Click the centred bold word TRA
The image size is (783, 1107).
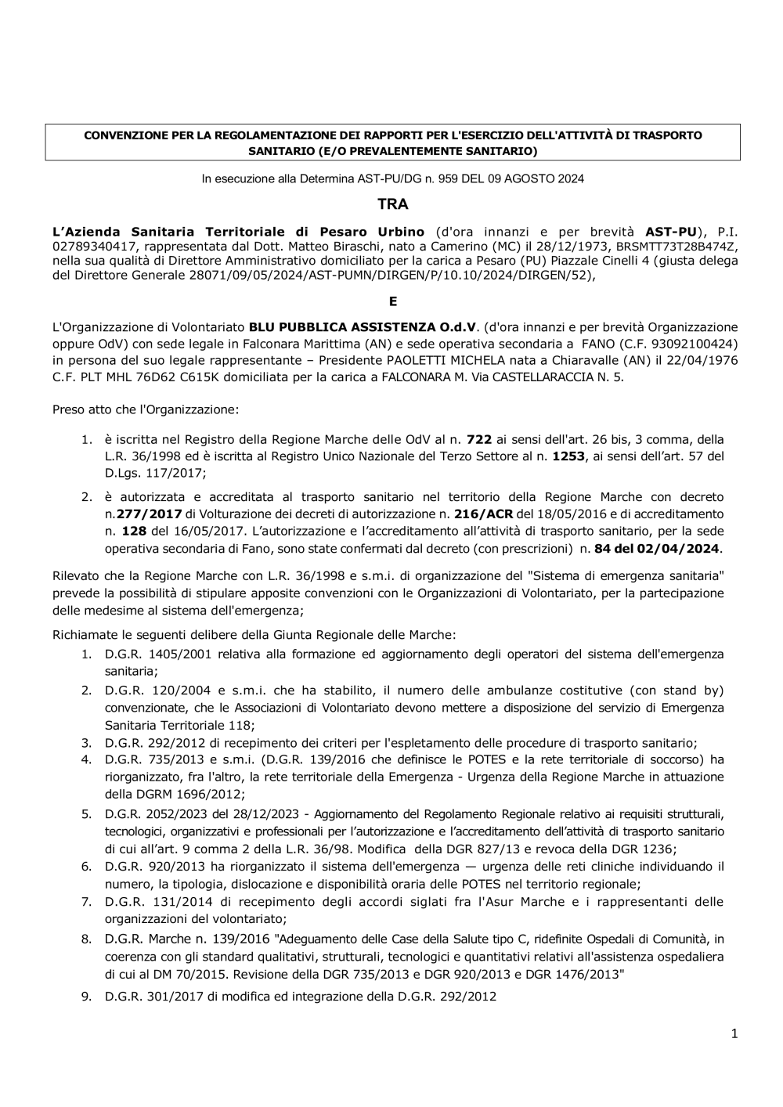tap(392, 204)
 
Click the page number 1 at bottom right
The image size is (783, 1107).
tap(734, 1034)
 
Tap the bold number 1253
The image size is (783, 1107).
tap(568, 456)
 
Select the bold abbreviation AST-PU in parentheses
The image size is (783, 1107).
tap(670, 232)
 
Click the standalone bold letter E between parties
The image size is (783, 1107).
tap(393, 301)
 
